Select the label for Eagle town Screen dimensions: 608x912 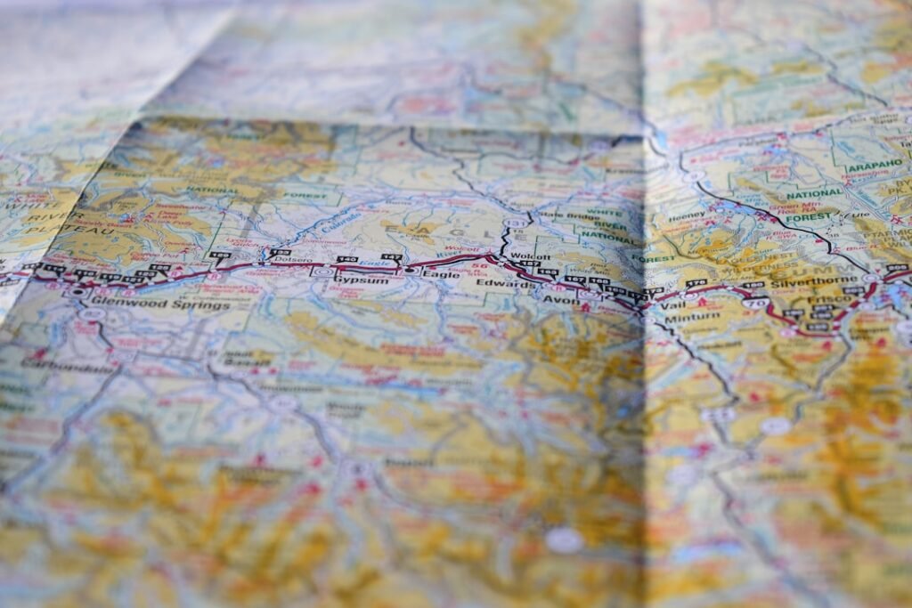coord(441,274)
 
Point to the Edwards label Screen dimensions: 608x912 coord(496,283)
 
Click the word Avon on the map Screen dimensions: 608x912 coord(562,301)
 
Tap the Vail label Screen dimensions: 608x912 coord(673,305)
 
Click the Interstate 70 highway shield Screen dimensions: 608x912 coord(759,304)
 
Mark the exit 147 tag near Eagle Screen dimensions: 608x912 coord(391,257)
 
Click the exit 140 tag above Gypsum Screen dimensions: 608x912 coord(347,260)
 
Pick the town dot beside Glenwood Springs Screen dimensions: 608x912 coord(78,292)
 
